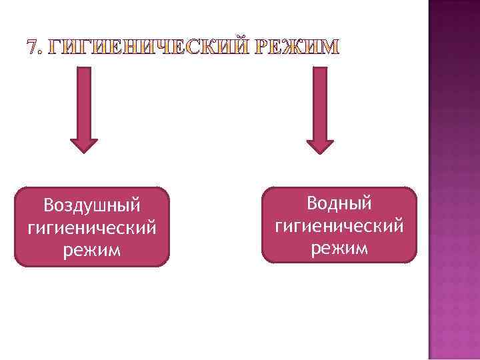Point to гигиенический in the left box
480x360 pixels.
[x=92, y=228]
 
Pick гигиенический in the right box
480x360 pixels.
[x=339, y=225]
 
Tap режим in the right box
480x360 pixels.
[x=339, y=247]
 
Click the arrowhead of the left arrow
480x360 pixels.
[x=84, y=145]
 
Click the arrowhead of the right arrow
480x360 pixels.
[x=320, y=145]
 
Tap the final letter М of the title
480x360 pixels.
[x=330, y=47]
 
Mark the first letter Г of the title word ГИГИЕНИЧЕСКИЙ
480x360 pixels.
[x=57, y=47]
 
